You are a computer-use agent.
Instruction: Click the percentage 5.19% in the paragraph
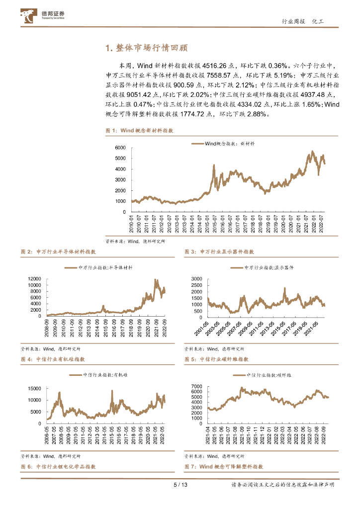click(283, 76)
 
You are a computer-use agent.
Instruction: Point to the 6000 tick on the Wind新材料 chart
click(120, 148)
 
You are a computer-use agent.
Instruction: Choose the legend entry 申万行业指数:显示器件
click(269, 267)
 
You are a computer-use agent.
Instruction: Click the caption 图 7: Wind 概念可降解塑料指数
click(224, 467)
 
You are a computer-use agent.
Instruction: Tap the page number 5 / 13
click(180, 485)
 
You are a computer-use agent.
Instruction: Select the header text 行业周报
click(292, 22)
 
